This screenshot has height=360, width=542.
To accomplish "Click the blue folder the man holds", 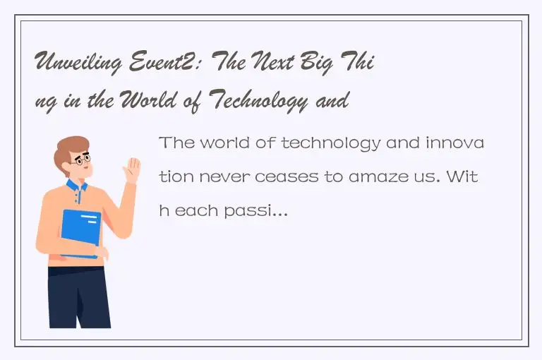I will pyautogui.click(x=80, y=233).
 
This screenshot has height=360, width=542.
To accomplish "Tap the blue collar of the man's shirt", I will pyautogui.click(x=76, y=186).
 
